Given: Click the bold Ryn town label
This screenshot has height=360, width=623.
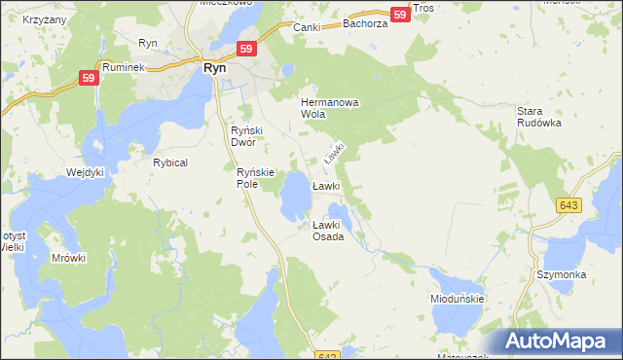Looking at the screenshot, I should tap(214, 69).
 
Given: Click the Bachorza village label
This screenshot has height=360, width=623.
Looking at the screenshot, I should tap(365, 22).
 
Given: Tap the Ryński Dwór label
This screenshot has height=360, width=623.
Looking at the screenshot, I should tap(243, 136).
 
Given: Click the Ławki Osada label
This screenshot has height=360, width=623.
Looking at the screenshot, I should tap(328, 231).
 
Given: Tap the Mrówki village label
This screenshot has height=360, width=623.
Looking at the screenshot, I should tap(69, 258).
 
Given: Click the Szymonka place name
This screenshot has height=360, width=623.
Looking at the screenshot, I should tap(561, 275).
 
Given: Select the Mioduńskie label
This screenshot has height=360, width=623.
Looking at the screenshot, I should tap(458, 300).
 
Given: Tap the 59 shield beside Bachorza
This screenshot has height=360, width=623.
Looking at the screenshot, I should tap(399, 15).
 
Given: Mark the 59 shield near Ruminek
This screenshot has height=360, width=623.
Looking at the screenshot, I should tap(89, 79).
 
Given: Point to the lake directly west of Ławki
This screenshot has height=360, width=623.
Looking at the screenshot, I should tap(294, 200).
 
